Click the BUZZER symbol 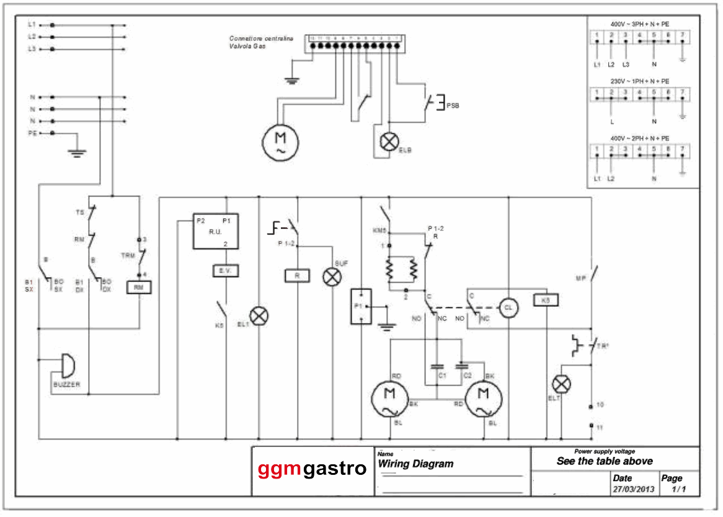point(64,366)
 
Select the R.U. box point(215,232)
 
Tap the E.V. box point(224,272)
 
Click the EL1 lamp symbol point(259,316)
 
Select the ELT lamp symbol point(562,384)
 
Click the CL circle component point(508,307)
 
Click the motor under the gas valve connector point(280,142)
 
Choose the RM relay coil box point(140,287)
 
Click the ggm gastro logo point(312,469)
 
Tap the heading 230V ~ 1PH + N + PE point(639,81)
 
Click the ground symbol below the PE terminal point(76,151)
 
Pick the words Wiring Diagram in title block point(415,464)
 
